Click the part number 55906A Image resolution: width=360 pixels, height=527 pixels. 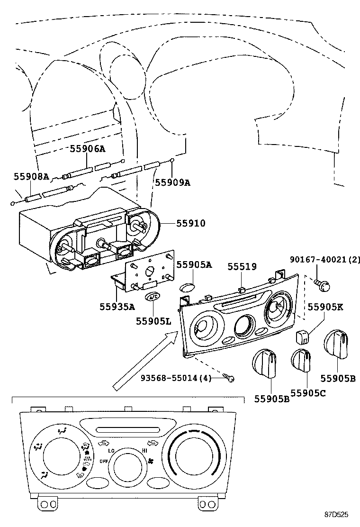point(88,149)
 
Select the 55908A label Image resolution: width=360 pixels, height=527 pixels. point(31,176)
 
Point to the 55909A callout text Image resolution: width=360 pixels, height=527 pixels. point(172,182)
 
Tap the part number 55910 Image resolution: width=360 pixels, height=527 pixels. point(191,223)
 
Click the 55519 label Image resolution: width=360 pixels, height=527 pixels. point(242,267)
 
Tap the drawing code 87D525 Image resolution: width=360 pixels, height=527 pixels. point(336,514)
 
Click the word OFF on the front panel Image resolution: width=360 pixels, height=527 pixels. point(104,460)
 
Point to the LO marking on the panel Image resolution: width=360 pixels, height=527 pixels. point(111,450)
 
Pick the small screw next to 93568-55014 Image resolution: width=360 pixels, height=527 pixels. point(230,378)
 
